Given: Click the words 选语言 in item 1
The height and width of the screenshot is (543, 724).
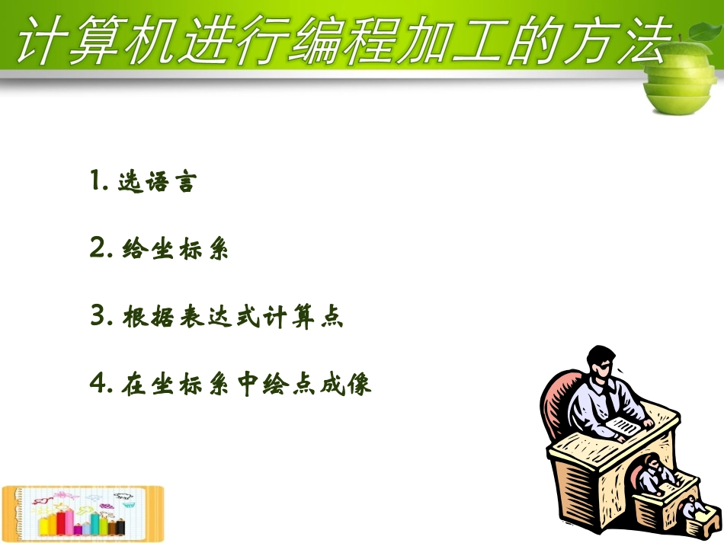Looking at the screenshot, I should click(157, 183).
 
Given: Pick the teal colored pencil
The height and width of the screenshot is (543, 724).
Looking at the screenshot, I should click(95, 522).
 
